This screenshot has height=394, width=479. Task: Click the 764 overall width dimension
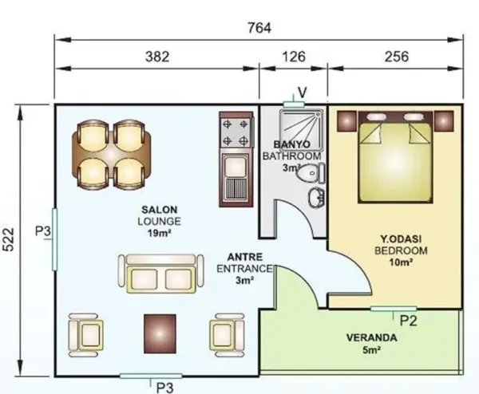[259, 28]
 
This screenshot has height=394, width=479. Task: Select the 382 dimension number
[157, 57]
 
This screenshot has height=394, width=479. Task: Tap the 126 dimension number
[294, 57]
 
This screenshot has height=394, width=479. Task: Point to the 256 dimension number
[397, 57]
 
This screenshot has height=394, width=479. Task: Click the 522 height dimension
[8, 239]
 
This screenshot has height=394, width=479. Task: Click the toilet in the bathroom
[311, 173]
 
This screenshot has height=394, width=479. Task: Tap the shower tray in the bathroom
[301, 129]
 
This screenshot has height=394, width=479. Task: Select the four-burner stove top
[236, 132]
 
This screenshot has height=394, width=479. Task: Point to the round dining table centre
[112, 154]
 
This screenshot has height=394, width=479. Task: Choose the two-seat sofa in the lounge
[160, 274]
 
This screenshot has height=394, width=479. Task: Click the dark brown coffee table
[160, 333]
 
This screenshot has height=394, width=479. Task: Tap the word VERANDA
[372, 338]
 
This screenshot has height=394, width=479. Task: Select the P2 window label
[409, 321]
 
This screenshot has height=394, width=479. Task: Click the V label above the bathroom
[303, 93]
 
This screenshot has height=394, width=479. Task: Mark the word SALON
[159, 210]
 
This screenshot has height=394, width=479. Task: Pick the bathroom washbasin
[317, 198]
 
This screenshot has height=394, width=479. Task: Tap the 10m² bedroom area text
[401, 262]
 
